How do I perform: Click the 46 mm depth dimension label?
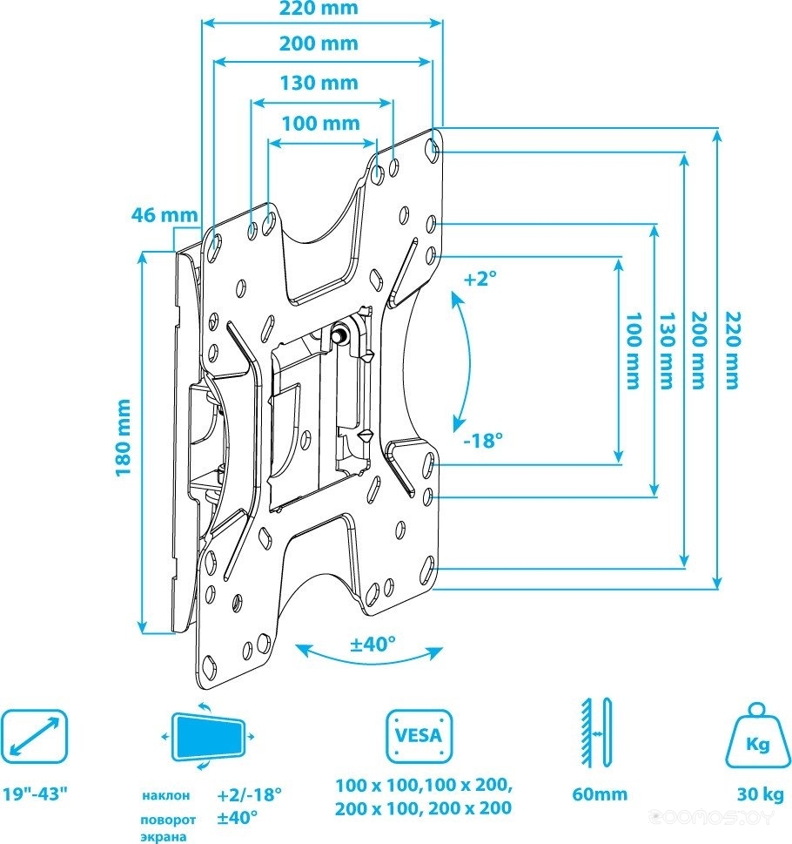164,215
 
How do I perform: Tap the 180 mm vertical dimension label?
124,437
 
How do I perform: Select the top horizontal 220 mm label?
319,8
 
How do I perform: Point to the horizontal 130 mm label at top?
319,83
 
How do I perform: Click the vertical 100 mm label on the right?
634,350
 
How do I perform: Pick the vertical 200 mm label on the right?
699,350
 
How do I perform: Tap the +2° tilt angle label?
480,279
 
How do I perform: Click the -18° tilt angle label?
483,441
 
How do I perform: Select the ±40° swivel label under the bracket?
373,643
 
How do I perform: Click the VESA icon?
419,735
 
